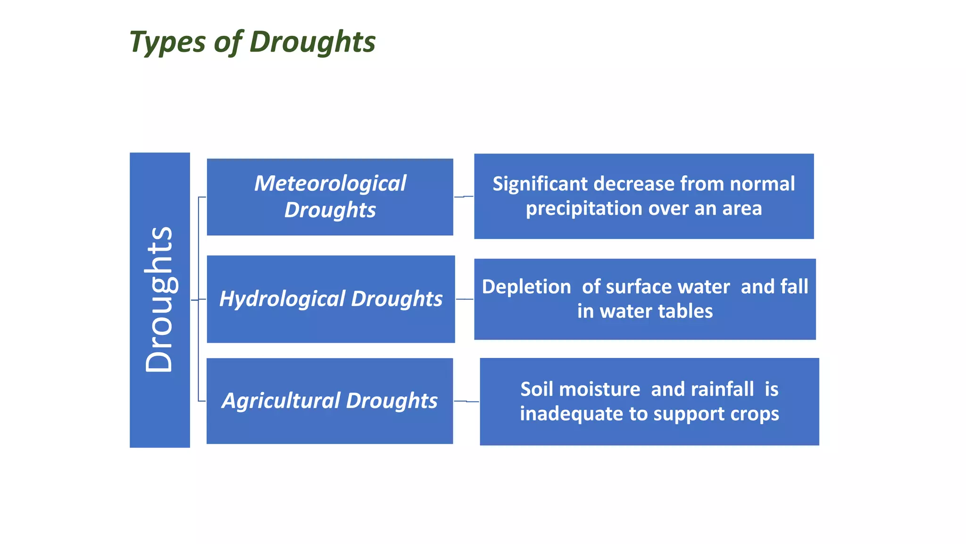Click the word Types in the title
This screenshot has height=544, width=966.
click(x=167, y=42)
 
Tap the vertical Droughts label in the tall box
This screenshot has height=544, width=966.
click(x=159, y=299)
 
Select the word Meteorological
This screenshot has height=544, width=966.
click(x=330, y=183)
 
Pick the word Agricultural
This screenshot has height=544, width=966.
click(x=281, y=400)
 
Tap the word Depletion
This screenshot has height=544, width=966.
click(x=526, y=287)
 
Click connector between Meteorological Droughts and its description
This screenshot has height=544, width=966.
click(x=463, y=196)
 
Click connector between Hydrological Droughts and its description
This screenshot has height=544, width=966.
click(x=464, y=299)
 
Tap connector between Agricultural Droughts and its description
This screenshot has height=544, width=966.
click(x=466, y=401)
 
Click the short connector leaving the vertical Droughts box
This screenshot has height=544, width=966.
click(x=194, y=300)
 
